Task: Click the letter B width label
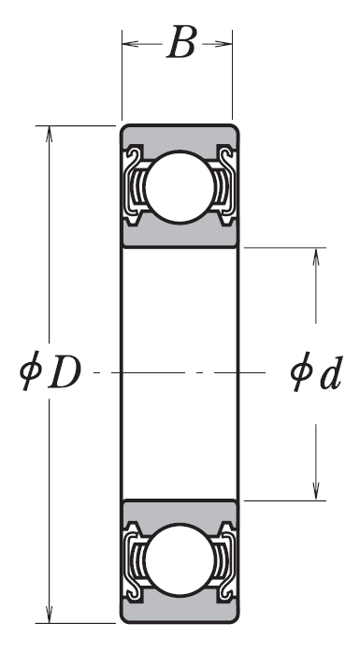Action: pyautogui.click(x=181, y=42)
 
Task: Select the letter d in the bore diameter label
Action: pyautogui.click(x=331, y=373)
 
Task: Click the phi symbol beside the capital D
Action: pyautogui.click(x=30, y=370)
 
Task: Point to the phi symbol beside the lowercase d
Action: pyautogui.click(x=302, y=371)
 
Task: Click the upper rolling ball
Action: pyautogui.click(x=180, y=186)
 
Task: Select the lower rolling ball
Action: pyautogui.click(x=180, y=559)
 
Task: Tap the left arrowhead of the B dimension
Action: pyautogui.click(x=130, y=43)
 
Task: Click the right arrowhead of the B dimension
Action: pyautogui.click(x=224, y=43)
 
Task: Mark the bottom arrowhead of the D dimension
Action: pyautogui.click(x=49, y=615)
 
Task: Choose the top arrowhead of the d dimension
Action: pyautogui.click(x=316, y=256)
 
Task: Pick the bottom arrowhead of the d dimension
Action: pyautogui.click(x=316, y=491)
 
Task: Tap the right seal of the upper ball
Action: pyautogui.click(x=224, y=186)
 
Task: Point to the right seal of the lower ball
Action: pyautogui.click(x=224, y=560)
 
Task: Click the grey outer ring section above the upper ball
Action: pyautogui.click(x=180, y=138)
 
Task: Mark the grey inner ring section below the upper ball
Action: pyautogui.click(x=180, y=235)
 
